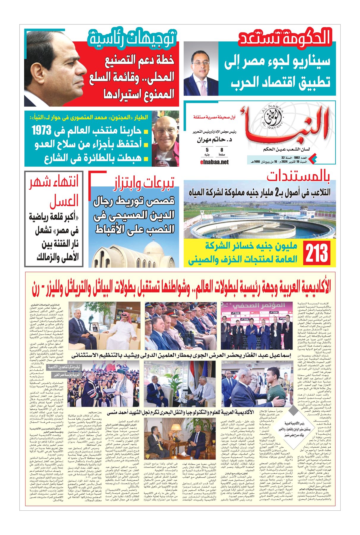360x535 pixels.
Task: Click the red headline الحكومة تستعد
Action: click(285, 38)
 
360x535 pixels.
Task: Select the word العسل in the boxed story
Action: click(64, 201)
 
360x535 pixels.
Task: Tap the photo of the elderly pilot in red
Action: click(165, 138)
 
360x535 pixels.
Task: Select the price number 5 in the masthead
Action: click(207, 150)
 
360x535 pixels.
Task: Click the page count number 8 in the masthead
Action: click(222, 150)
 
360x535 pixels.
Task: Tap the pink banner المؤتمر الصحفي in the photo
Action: click(259, 306)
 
